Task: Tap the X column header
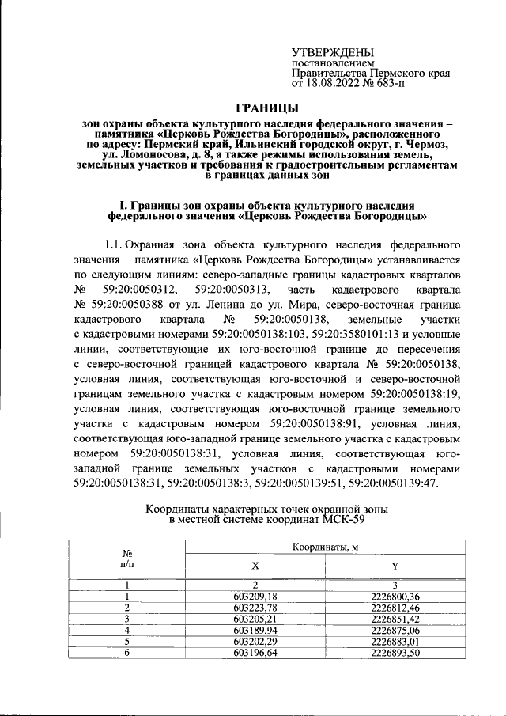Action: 254,566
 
